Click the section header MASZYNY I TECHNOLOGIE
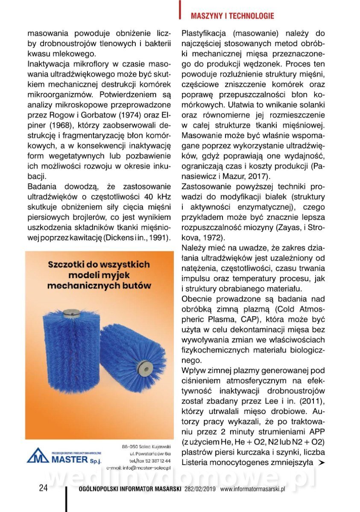tap(232, 16)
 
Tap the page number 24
tap(43, 489)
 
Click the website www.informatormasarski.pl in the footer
tap(252, 489)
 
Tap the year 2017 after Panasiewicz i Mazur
tap(259, 175)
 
